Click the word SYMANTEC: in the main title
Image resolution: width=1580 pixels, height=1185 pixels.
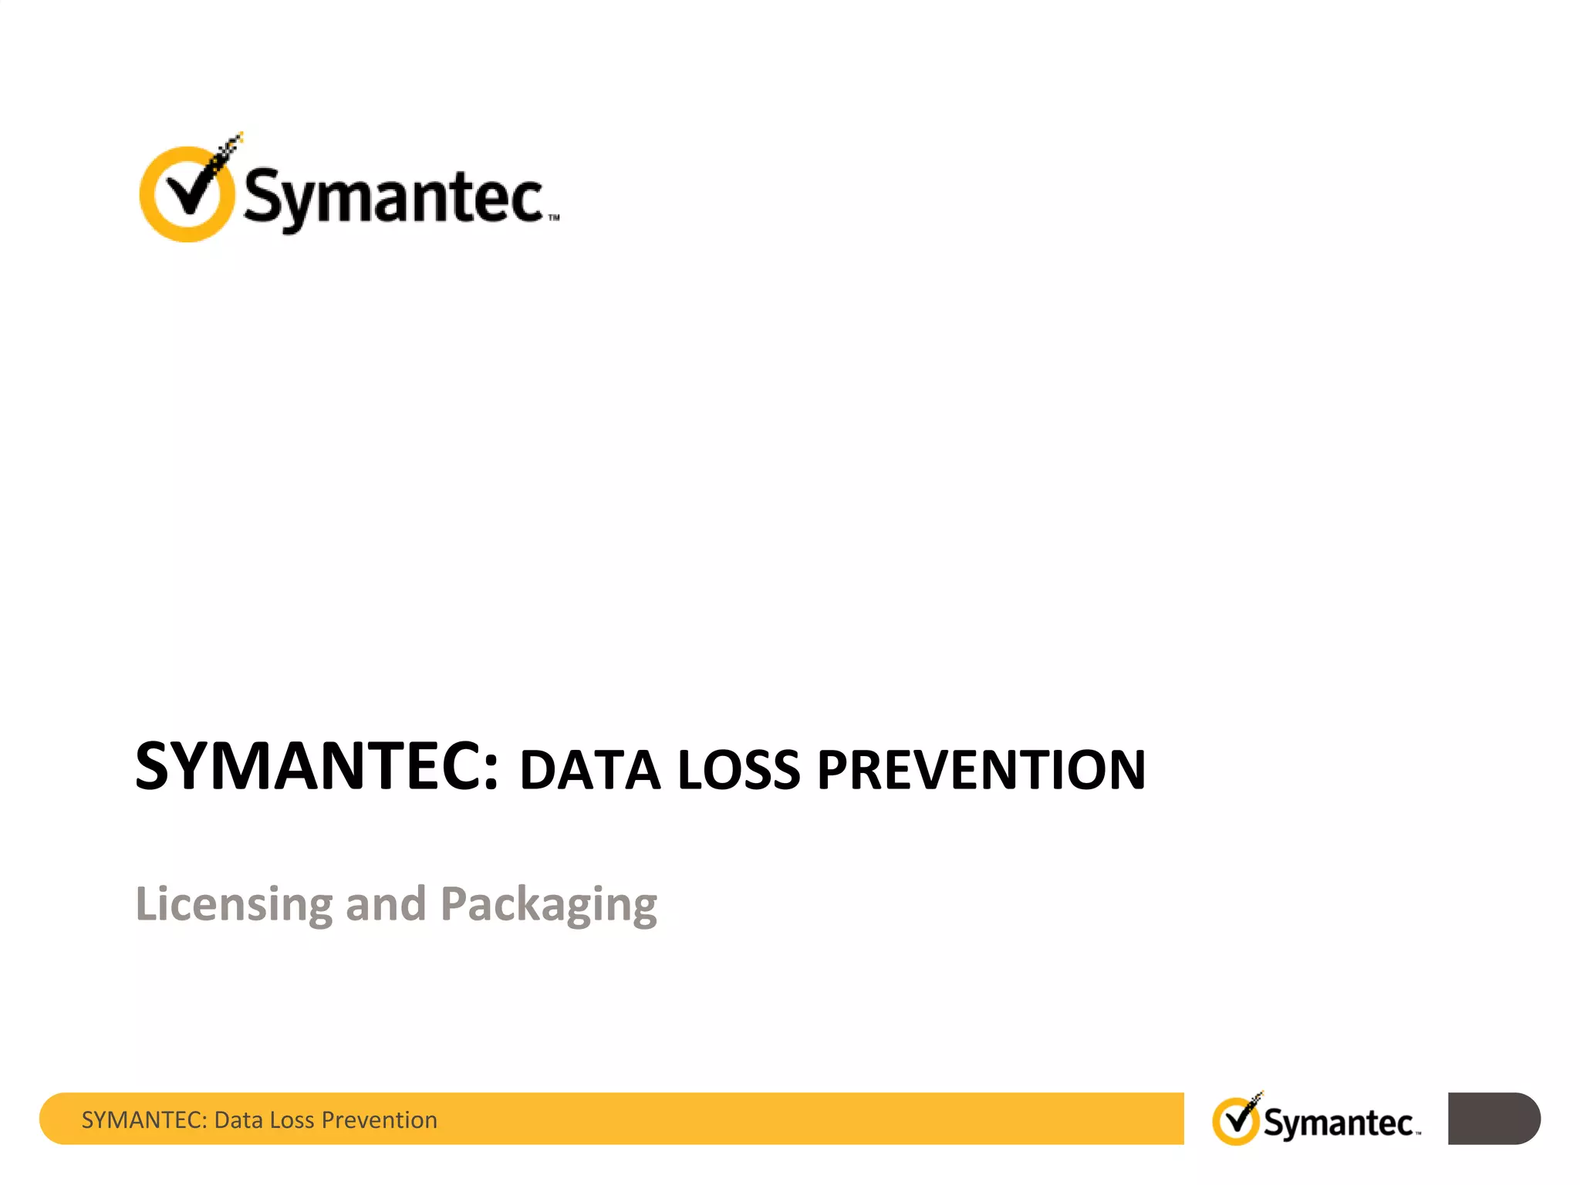click(x=316, y=766)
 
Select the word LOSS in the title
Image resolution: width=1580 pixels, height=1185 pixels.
click(x=739, y=770)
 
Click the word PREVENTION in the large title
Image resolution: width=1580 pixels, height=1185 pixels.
click(x=981, y=770)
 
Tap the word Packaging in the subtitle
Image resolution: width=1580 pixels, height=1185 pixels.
click(x=549, y=905)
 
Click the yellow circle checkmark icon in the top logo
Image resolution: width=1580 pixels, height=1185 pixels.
click(x=187, y=193)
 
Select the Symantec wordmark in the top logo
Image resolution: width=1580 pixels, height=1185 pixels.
click(x=393, y=197)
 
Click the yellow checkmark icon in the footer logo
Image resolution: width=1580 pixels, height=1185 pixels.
click(x=1236, y=1120)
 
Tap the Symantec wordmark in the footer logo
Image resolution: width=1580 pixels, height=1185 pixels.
click(x=1339, y=1123)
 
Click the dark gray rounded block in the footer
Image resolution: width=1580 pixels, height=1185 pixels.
click(x=1493, y=1119)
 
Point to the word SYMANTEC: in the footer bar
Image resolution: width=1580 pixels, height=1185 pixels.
click(x=144, y=1120)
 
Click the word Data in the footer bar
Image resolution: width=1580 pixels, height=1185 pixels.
click(x=239, y=1120)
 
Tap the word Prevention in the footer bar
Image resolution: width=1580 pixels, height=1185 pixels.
click(x=379, y=1120)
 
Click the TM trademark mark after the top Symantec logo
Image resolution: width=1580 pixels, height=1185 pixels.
click(x=553, y=218)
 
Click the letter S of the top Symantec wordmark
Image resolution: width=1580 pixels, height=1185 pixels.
click(x=262, y=196)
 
